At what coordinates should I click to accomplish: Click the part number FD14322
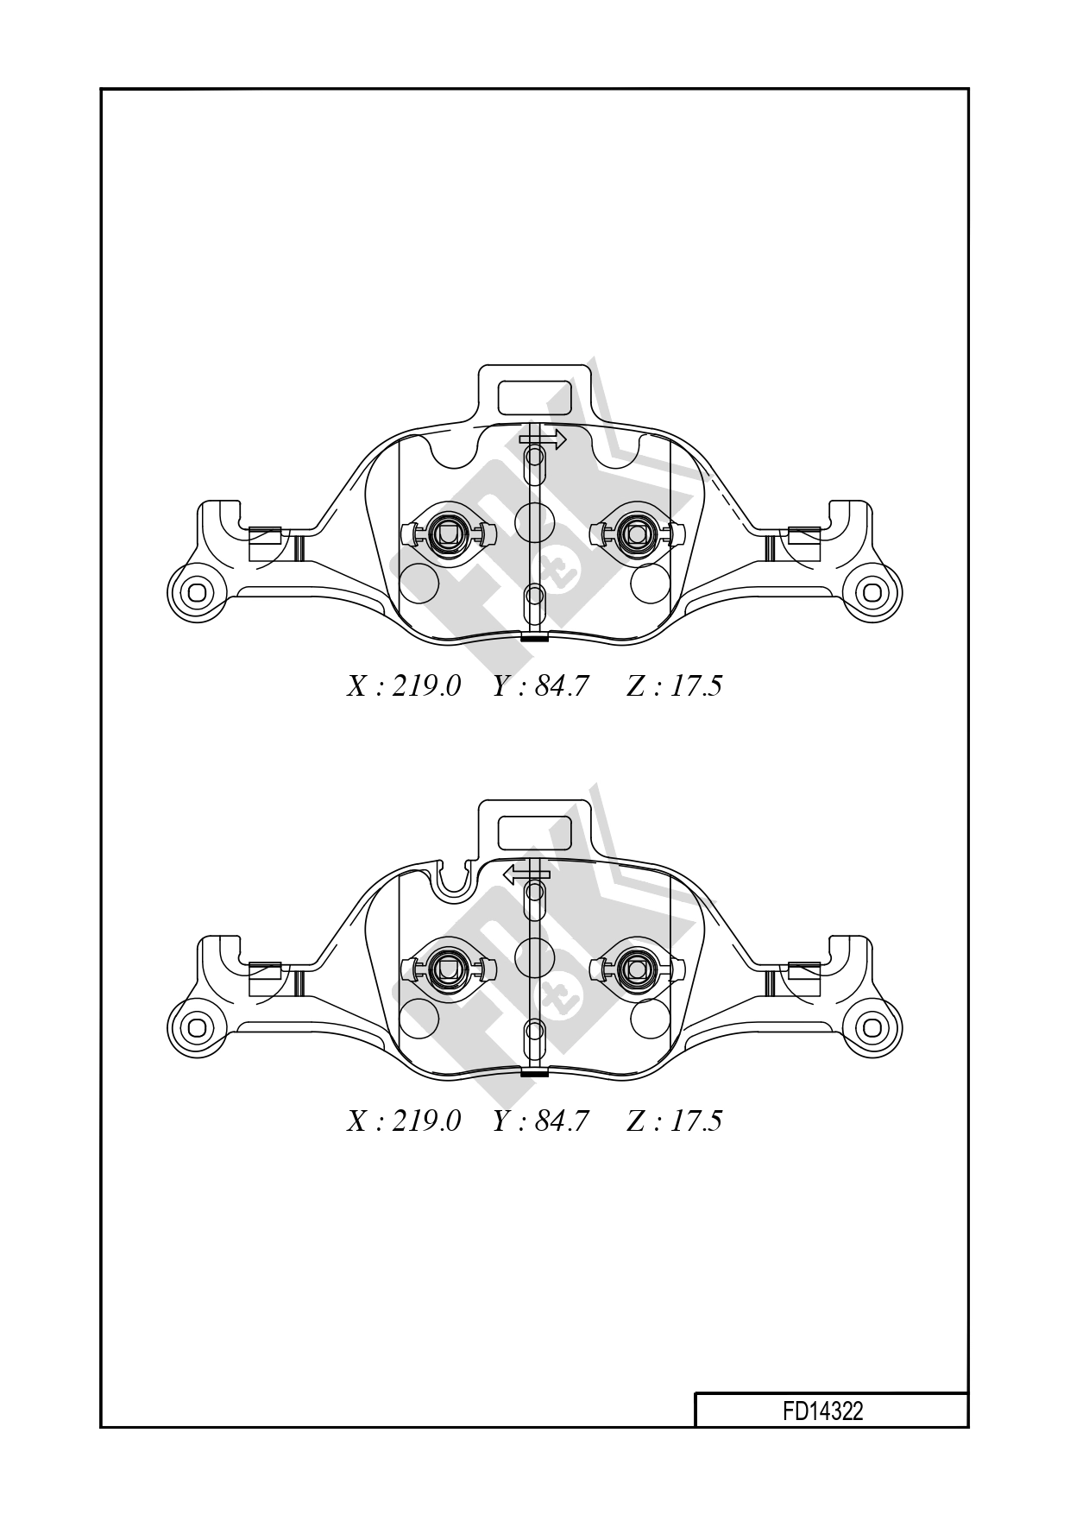click(x=821, y=1411)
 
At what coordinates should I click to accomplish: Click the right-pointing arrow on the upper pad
click(x=544, y=439)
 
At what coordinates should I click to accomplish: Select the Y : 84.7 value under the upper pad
click(x=540, y=686)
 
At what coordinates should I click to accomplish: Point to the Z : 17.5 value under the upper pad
click(x=674, y=686)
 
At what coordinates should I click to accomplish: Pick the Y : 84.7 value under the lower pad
click(x=540, y=1120)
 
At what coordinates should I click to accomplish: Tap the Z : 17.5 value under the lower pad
click(x=674, y=1120)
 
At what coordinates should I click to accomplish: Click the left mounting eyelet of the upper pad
click(x=197, y=592)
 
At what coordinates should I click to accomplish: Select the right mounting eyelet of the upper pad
click(x=872, y=592)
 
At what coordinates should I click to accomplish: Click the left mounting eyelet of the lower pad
click(x=197, y=1027)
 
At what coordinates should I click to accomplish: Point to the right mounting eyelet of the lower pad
click(x=872, y=1027)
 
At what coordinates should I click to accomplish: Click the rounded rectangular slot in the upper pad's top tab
click(x=535, y=396)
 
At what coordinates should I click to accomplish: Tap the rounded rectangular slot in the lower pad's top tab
click(x=535, y=831)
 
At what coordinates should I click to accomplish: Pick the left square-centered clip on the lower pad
click(x=449, y=969)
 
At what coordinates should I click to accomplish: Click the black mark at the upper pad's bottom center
click(x=535, y=639)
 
